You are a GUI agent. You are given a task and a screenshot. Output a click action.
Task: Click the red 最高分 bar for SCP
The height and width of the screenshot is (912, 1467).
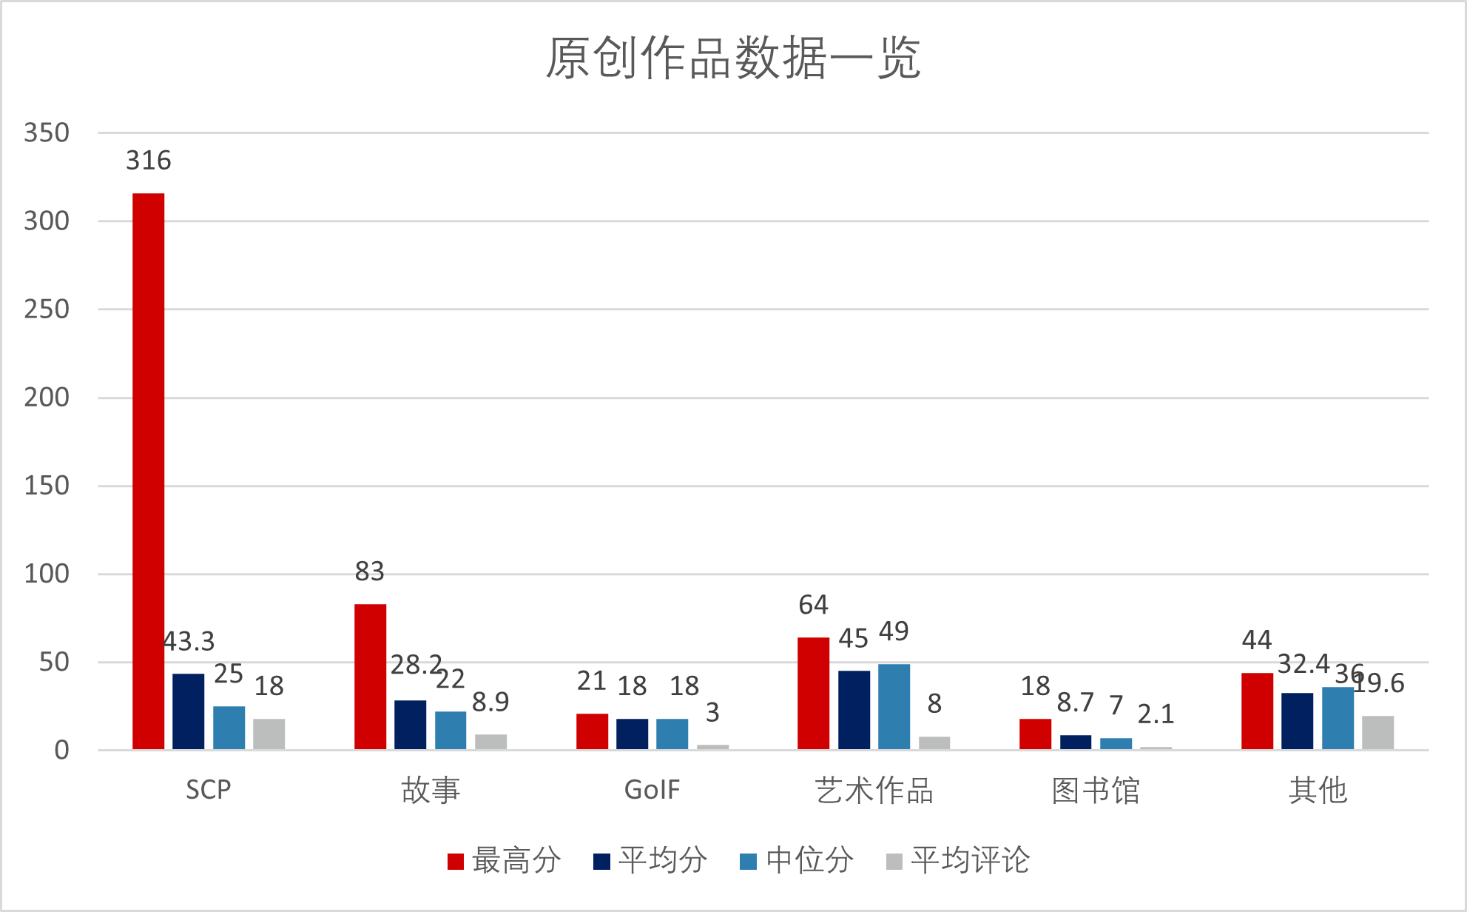pos(148,472)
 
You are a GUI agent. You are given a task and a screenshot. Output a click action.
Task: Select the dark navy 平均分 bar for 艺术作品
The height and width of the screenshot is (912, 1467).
pos(854,710)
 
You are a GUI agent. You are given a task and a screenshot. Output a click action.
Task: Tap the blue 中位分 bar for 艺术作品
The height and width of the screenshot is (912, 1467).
pos(894,707)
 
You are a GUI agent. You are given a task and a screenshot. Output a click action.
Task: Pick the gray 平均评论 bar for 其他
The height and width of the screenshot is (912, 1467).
pos(1377,733)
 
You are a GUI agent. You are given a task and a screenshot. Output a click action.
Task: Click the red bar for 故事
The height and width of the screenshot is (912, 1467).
pos(370,677)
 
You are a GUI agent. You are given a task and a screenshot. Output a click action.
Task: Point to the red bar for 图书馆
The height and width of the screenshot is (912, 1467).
pos(1035,734)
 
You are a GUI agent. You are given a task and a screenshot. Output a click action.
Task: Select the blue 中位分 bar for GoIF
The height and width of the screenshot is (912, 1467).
pos(672,734)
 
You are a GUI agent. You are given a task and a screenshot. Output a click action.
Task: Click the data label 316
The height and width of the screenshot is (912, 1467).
pos(148,161)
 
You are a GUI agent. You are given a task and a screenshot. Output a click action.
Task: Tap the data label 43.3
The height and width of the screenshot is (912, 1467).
pos(189,641)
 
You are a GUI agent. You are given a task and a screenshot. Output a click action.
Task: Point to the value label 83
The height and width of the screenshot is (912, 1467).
pos(370,571)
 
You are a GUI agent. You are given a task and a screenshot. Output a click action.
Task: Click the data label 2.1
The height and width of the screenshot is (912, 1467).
pos(1156,714)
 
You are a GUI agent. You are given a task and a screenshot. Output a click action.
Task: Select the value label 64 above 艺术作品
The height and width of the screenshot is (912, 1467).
pos(813,606)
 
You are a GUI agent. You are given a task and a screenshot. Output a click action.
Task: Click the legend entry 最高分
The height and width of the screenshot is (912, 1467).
pos(504,861)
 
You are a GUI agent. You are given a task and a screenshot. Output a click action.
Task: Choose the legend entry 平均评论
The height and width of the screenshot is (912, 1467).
pos(958,861)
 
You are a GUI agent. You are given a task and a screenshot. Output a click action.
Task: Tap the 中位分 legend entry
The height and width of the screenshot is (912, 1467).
pos(797,861)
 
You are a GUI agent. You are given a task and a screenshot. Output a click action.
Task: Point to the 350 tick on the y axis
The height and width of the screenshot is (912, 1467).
pos(47,133)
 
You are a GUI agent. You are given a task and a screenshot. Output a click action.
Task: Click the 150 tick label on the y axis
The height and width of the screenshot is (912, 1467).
pos(47,486)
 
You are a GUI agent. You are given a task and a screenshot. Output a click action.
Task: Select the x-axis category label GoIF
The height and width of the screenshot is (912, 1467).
pos(652,791)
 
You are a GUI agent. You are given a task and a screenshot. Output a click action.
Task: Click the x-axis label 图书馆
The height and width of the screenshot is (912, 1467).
pos(1096,791)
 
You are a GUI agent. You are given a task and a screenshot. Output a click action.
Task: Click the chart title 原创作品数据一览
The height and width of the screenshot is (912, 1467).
pos(733,58)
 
